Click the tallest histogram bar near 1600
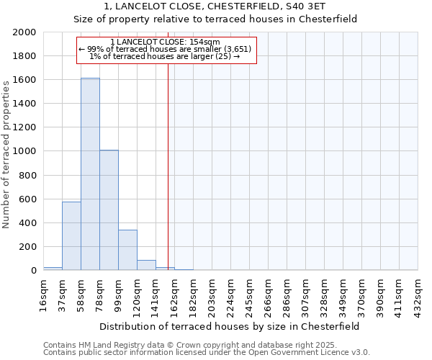(90, 174)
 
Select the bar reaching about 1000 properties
(109, 210)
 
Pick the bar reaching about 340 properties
(127, 250)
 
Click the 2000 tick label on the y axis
(24, 32)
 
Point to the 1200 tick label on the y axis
(24, 127)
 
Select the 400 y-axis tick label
(27, 223)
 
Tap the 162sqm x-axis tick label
(175, 293)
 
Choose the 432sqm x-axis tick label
(418, 293)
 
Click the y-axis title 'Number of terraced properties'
(7, 154)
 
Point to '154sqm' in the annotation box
(205, 42)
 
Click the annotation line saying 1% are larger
(165, 56)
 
